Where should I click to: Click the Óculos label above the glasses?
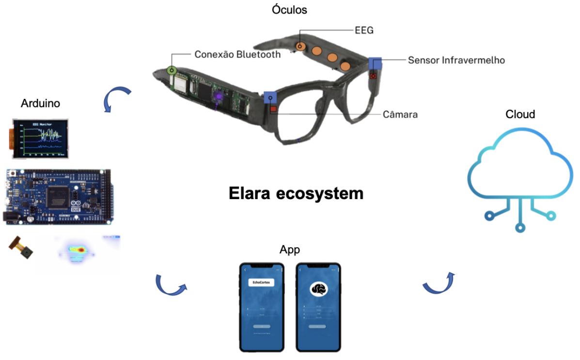pyautogui.click(x=289, y=9)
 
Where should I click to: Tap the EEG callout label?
pyautogui.click(x=364, y=31)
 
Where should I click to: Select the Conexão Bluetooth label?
pyautogui.click(x=237, y=55)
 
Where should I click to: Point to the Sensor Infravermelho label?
pyautogui.click(x=456, y=61)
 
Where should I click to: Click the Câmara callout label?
pyautogui.click(x=400, y=115)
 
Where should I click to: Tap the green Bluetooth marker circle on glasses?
pyautogui.click(x=171, y=71)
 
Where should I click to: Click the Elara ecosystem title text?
pyautogui.click(x=296, y=193)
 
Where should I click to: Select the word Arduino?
pyautogui.click(x=40, y=103)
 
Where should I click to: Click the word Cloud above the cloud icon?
pyautogui.click(x=520, y=114)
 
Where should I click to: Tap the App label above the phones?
pyautogui.click(x=289, y=250)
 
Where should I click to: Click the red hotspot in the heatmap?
pyautogui.click(x=81, y=250)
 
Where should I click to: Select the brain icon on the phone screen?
pyautogui.click(x=318, y=290)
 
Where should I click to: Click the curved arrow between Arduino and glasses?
pyautogui.click(x=117, y=97)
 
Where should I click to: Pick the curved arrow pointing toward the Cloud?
pyautogui.click(x=439, y=283)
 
